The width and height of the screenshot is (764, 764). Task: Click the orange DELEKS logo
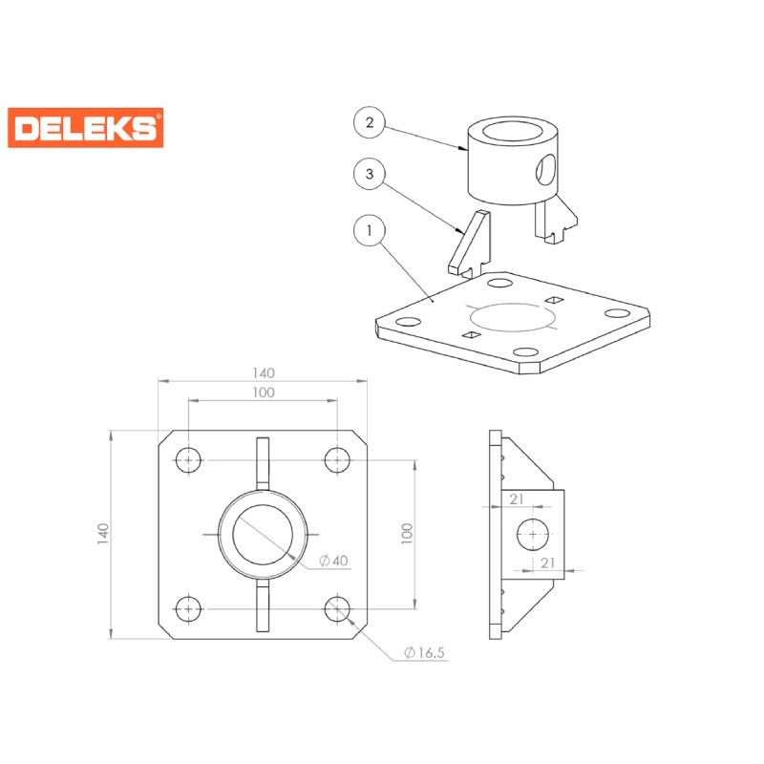pos(86,128)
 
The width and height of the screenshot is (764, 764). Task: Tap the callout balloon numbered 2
pos(370,122)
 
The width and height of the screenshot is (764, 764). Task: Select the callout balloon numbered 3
pos(370,174)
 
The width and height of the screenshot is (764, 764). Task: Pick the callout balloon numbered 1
pos(370,230)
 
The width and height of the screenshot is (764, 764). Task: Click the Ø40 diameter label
pos(333,561)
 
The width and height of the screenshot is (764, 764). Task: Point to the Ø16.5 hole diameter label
pos(424,652)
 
